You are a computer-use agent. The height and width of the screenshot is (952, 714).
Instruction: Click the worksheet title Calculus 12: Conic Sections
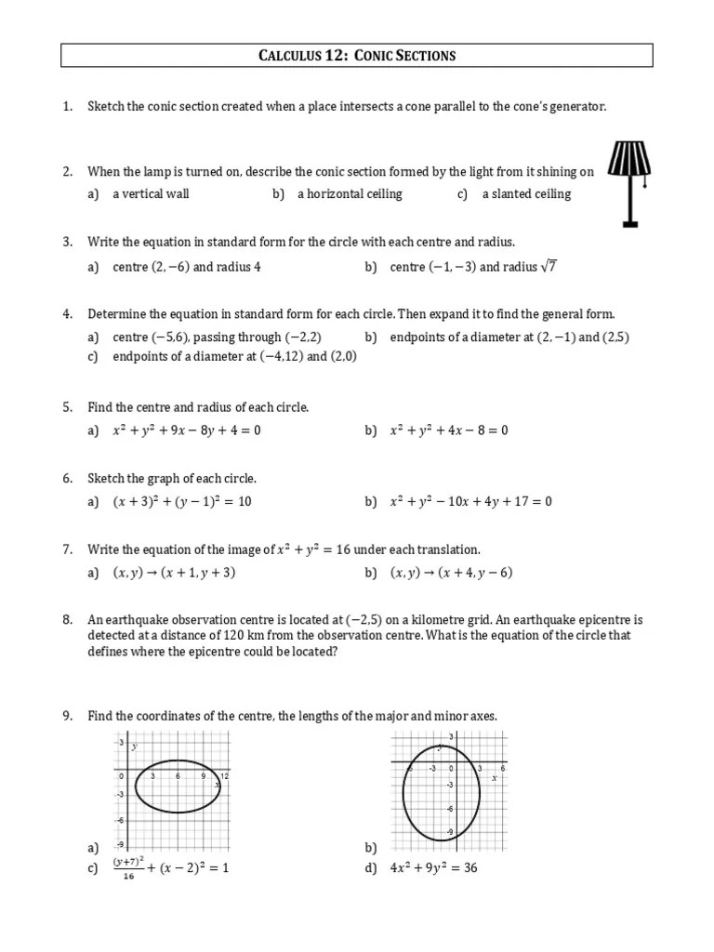click(x=357, y=56)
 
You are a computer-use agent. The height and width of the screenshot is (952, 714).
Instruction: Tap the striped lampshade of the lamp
click(x=629, y=159)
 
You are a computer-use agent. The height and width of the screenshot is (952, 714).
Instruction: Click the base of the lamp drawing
click(x=629, y=223)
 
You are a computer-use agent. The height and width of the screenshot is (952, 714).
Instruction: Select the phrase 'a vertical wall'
click(x=151, y=194)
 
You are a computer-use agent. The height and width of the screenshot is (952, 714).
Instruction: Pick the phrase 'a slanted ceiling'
click(x=526, y=194)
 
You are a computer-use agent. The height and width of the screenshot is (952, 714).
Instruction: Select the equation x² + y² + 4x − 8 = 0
click(x=449, y=430)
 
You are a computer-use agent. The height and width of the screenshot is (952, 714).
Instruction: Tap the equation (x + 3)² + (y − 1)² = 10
click(x=182, y=502)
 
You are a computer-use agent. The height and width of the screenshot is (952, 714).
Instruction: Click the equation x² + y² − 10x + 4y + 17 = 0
click(x=471, y=502)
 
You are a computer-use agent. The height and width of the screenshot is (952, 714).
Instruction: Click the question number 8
click(x=68, y=619)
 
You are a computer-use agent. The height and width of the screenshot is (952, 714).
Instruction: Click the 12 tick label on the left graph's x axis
click(x=224, y=775)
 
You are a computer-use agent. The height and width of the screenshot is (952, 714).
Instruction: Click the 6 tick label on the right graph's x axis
click(x=502, y=769)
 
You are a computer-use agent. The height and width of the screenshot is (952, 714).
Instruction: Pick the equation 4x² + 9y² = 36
click(x=433, y=868)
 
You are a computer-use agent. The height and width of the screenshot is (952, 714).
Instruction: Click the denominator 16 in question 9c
click(x=127, y=877)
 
